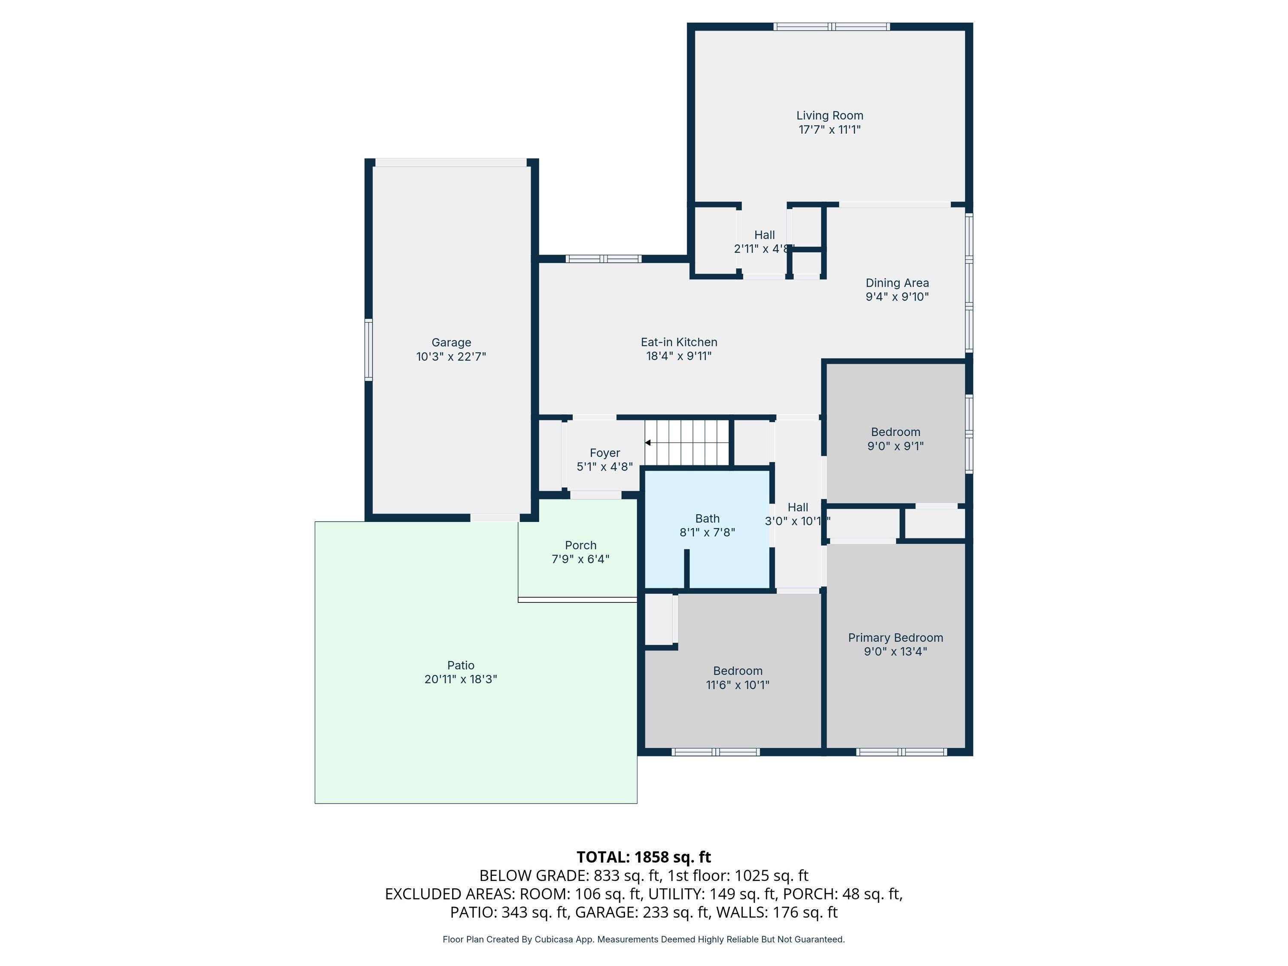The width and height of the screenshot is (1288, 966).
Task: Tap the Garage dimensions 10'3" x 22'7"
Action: coord(451,356)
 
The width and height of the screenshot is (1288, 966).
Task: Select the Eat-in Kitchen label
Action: coord(679,342)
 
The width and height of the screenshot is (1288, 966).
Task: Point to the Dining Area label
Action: coord(897,283)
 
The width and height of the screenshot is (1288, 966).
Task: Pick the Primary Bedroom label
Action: coord(896,638)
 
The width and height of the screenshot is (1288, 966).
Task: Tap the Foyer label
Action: coord(605,453)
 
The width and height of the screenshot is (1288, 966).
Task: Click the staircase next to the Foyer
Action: coord(687,443)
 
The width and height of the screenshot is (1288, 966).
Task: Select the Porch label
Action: coord(580,546)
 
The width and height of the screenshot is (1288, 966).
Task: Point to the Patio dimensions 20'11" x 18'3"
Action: coord(461,679)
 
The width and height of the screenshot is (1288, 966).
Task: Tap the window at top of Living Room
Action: coord(832,26)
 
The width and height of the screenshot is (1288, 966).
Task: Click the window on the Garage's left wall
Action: coord(368,349)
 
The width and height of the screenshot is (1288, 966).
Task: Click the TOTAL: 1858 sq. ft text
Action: coord(644,857)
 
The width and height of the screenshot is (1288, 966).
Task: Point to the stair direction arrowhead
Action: coord(647,443)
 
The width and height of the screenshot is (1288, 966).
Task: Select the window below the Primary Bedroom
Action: coord(901,752)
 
